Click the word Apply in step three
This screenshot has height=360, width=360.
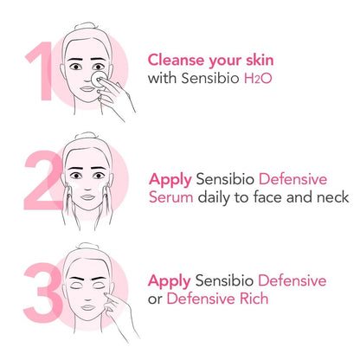tap(170, 282)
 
